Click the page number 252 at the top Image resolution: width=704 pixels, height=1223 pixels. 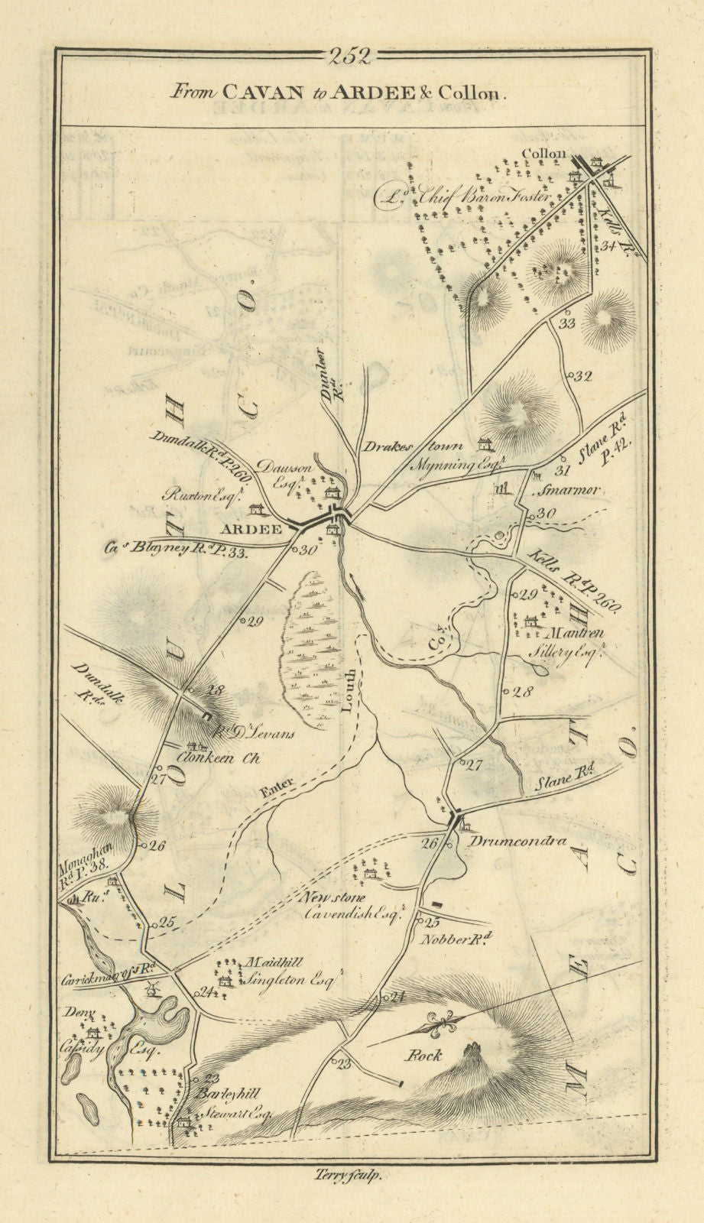click(x=351, y=55)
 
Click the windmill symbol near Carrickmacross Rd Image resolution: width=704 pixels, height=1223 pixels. click(x=153, y=988)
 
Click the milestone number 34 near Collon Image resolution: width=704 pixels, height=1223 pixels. click(x=608, y=246)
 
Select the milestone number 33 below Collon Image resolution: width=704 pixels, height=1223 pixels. click(x=566, y=323)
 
